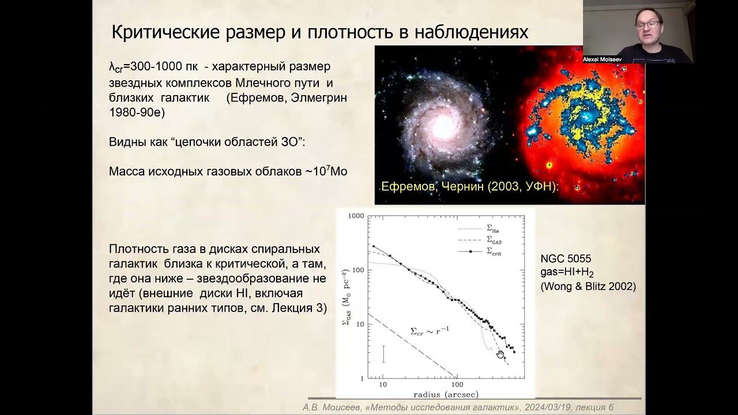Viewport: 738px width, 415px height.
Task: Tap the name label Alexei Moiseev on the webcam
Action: pos(603,59)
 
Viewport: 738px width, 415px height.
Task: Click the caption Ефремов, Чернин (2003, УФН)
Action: pos(470,187)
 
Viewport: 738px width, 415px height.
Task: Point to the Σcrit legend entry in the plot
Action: pos(494,251)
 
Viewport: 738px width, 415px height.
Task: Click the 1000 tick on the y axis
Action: pos(355,216)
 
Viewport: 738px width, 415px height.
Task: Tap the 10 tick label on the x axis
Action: pos(382,384)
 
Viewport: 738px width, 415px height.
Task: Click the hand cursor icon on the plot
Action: pos(500,354)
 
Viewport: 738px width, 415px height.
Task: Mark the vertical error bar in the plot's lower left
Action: pos(383,353)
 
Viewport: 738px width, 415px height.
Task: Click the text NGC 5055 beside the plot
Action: pos(566,259)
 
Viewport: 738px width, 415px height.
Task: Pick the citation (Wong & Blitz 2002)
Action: pos(588,286)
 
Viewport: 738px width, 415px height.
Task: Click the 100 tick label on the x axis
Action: pos(457,384)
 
